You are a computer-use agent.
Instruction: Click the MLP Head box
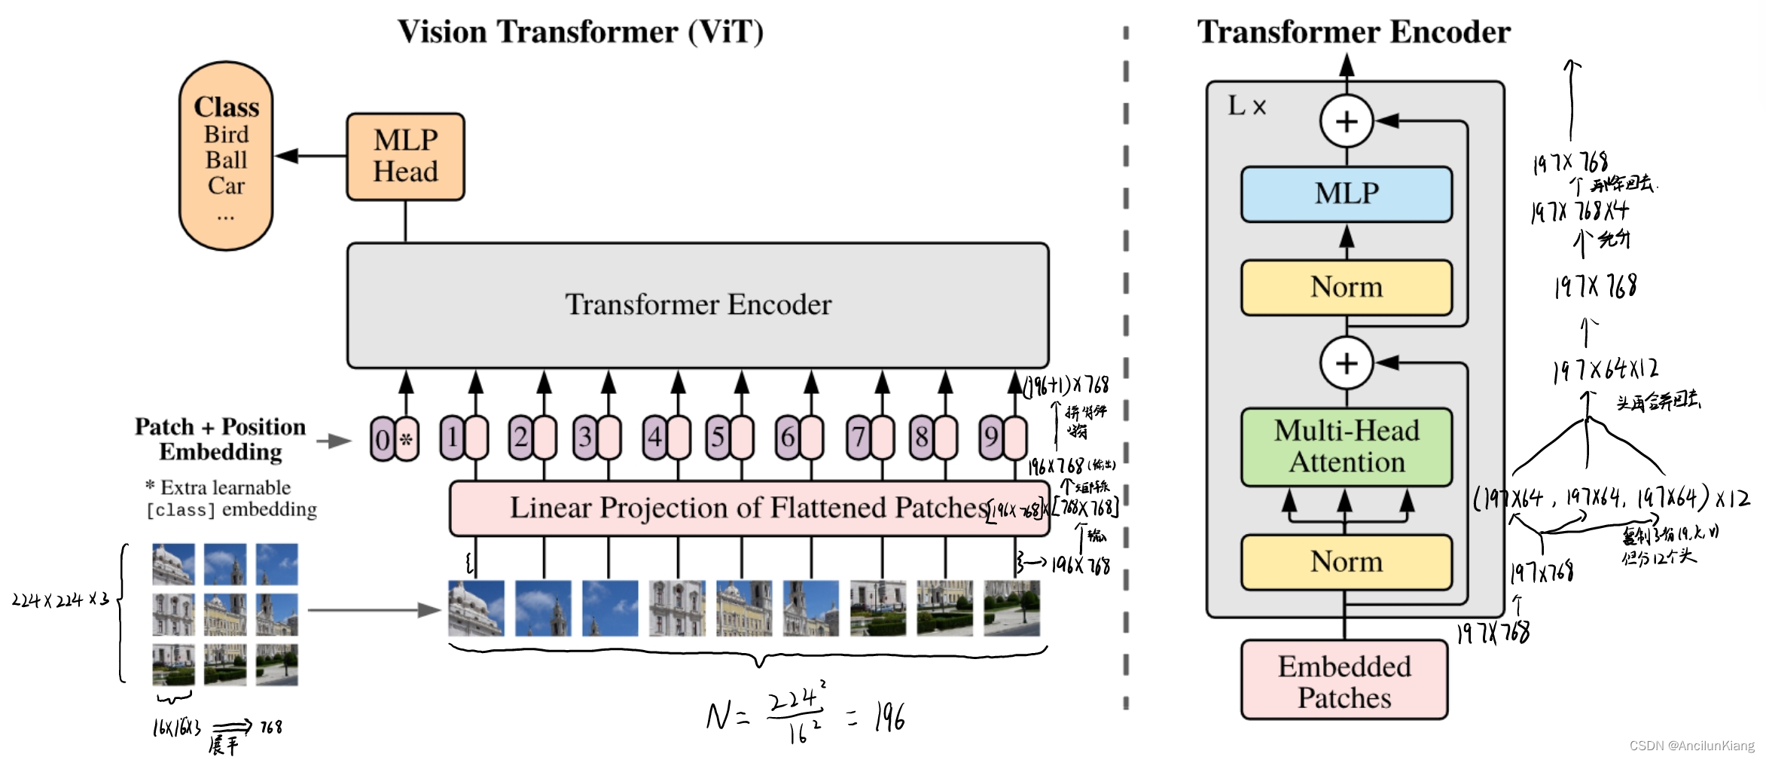405,157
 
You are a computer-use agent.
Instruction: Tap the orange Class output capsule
226,156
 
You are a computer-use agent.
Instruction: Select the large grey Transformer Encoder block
697,305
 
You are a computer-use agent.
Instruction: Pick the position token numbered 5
718,438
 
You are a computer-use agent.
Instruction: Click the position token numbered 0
382,439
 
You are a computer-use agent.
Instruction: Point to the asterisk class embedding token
407,439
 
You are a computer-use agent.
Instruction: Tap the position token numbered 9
991,438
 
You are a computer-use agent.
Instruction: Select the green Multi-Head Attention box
1346,447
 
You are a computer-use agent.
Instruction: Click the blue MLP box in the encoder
1346,194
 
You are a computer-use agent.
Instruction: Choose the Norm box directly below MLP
1346,287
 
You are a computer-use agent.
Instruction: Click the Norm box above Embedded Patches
1346,562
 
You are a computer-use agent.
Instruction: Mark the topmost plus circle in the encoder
1347,121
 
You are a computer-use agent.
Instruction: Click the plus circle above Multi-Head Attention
1347,363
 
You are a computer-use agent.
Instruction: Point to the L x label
1247,106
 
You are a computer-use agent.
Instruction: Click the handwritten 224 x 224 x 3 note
60,600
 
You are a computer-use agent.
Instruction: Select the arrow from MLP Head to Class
310,156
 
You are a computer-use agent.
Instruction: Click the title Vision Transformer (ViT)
580,32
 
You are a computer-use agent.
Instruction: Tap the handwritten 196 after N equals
889,716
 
